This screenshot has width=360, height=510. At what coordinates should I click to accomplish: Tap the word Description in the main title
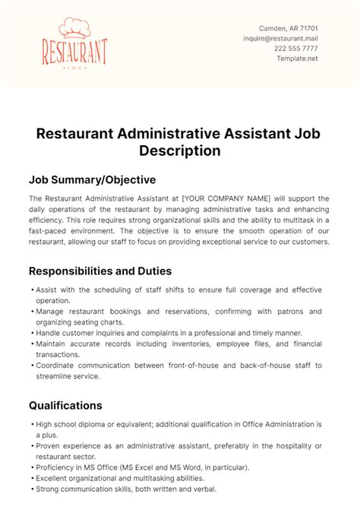[x=180, y=150]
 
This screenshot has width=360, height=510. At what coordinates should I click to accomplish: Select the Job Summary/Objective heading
[x=92, y=180]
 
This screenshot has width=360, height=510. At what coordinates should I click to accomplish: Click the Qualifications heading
[x=65, y=405]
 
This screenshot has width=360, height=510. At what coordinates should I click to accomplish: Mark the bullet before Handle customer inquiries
[x=30, y=333]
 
